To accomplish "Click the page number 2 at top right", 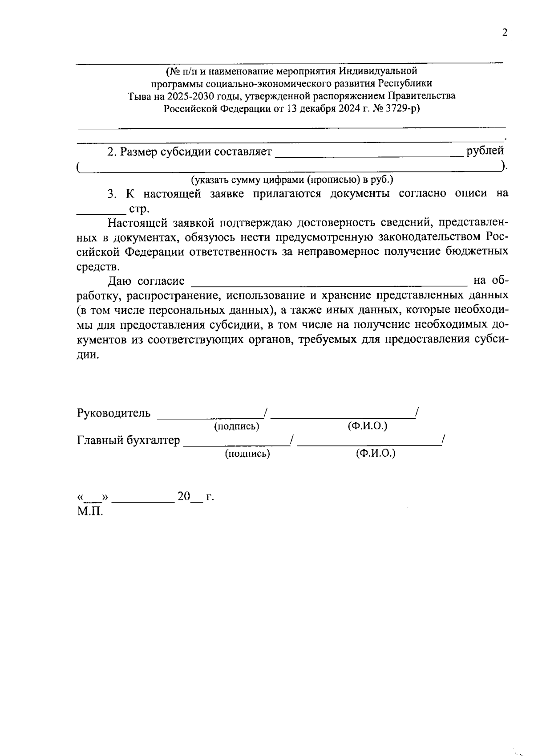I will (505, 33).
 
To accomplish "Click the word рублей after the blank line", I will (485, 151).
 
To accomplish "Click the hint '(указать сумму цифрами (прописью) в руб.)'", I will (292, 180).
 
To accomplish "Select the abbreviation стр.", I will (139, 209).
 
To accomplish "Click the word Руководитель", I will (114, 413).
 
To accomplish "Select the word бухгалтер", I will (154, 441).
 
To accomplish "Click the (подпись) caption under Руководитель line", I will (236, 426).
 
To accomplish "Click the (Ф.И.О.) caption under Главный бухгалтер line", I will (376, 454).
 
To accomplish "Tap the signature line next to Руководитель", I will (210, 416).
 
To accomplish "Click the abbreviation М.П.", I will (90, 511).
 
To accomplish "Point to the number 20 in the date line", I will (184, 496).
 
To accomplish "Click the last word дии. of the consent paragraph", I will (86, 355).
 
